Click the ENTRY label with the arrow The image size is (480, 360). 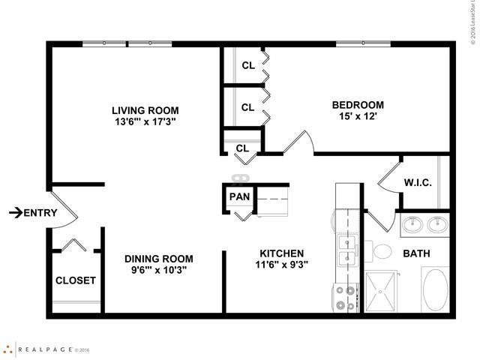(x=33, y=213)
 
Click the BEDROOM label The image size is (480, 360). (x=358, y=105)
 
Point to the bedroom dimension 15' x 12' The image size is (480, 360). (x=358, y=116)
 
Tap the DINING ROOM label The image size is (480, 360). (x=159, y=258)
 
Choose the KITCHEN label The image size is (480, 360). (x=281, y=253)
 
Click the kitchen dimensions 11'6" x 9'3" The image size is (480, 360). (x=281, y=265)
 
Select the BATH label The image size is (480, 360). (x=416, y=254)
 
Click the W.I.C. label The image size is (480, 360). (x=417, y=182)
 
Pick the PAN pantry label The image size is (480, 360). (x=239, y=197)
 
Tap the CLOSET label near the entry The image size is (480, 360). (x=75, y=280)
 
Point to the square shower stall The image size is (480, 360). (x=384, y=292)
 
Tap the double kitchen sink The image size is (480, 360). (x=346, y=250)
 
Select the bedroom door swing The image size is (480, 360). (x=297, y=142)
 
